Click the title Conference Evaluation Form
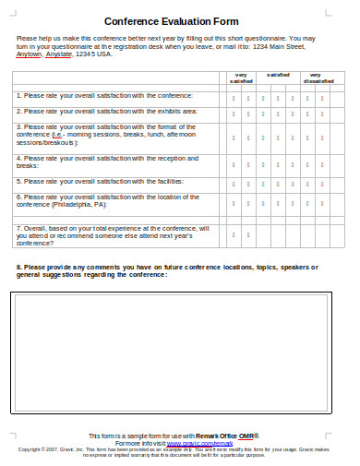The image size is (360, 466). (172, 20)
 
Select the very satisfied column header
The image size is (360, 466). (241, 78)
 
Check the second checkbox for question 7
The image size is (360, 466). (248, 235)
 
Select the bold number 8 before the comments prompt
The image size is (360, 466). (19, 267)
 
